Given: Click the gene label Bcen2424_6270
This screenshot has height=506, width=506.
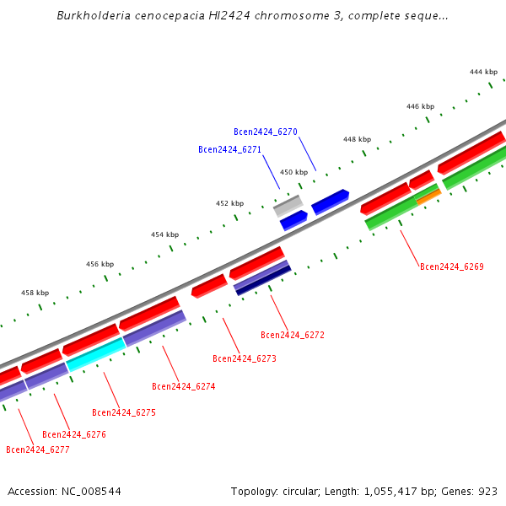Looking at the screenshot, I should coord(265,132).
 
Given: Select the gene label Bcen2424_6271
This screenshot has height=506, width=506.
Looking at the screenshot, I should coord(229,149).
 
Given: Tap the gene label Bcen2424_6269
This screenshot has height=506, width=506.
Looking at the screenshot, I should coord(451,266).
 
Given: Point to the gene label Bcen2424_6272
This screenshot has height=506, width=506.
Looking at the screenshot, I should coord(292,335).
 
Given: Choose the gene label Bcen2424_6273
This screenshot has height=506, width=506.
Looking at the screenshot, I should coord(244,358).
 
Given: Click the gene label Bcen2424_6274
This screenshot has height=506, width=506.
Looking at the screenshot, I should coord(183,386).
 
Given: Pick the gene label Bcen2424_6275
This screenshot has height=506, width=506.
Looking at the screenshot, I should coord(123,412).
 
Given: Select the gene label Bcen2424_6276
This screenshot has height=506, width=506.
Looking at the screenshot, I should coord(73,434).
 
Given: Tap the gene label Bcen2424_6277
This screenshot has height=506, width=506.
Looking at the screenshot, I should coord(37,449).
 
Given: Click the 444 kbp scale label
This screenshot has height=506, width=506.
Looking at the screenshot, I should coord(483,73).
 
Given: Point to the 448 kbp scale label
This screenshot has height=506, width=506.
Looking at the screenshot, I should coord(357,139).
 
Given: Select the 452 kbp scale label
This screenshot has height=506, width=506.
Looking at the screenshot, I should coord(229,203).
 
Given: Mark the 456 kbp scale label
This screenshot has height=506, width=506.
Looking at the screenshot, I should coord(100,264).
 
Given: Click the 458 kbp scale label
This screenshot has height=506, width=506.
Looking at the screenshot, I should coord(35,293).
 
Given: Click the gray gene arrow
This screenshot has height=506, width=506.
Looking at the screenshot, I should coord(288,205).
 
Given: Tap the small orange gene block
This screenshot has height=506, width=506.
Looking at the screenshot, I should coord(428,196).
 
